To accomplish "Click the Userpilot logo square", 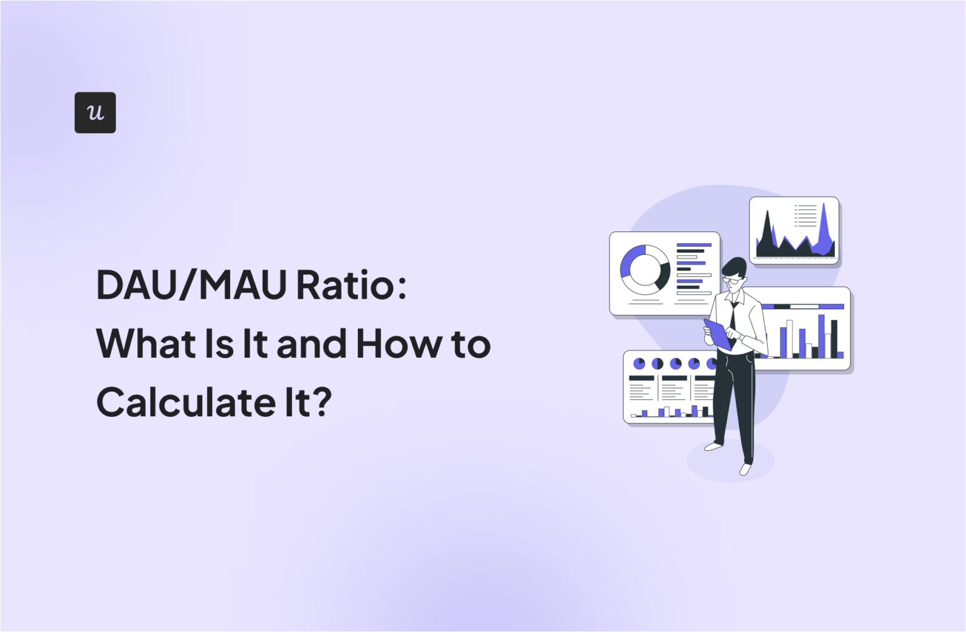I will tap(95, 113).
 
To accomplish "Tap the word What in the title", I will tap(147, 344).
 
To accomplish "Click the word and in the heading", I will tap(311, 344).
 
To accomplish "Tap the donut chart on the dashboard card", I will tap(645, 270).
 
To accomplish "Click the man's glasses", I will tap(732, 281).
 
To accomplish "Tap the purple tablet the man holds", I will tap(717, 334).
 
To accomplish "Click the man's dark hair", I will tap(734, 267).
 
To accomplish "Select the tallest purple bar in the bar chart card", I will tap(821, 335).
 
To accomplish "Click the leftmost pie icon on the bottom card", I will tap(639, 363).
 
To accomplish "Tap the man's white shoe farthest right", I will tap(745, 469).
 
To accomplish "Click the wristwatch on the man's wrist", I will tap(741, 338).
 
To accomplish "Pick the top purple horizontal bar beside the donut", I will tap(694, 245).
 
